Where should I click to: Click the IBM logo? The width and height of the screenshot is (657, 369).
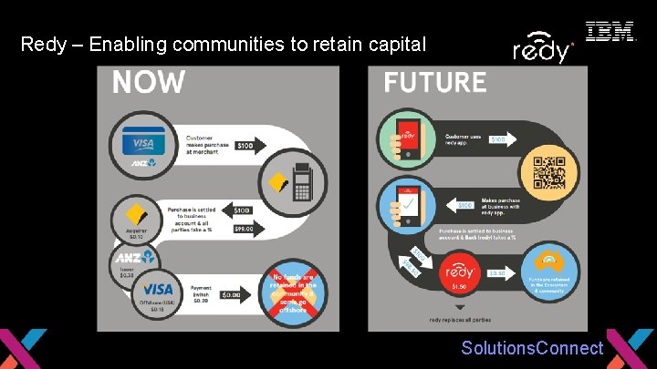[x=610, y=32]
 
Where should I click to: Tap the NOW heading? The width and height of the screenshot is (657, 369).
[x=148, y=82]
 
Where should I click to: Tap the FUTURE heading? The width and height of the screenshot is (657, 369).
[x=434, y=83]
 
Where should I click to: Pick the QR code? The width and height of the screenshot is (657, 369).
[x=555, y=173]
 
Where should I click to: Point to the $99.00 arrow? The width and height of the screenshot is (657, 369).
[x=244, y=230]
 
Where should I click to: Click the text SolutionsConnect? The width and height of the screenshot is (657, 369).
[x=532, y=348]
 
